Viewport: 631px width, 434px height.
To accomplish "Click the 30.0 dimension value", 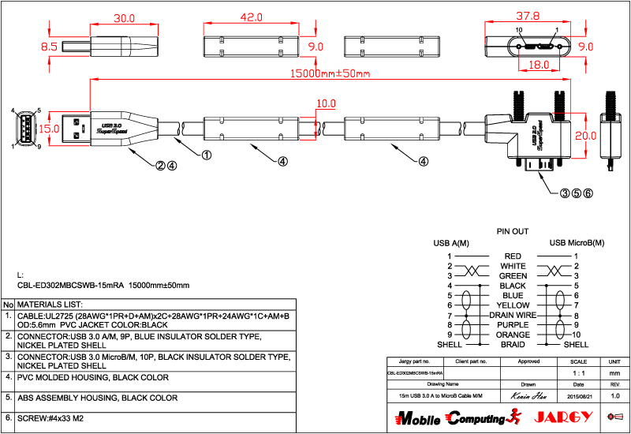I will (x=125, y=17).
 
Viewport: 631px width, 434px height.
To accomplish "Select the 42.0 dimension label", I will (x=251, y=17).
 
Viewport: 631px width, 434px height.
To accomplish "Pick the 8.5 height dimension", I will (x=49, y=47).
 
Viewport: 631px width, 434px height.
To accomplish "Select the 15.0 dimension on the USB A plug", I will (x=50, y=129).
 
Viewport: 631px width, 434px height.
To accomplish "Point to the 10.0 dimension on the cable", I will (x=326, y=103).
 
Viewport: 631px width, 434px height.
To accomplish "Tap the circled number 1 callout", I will (x=207, y=155).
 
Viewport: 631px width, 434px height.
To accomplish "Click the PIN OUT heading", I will (x=512, y=232).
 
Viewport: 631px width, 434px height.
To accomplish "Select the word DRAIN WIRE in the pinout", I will (x=513, y=315).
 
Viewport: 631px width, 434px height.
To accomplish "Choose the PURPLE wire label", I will (x=513, y=325).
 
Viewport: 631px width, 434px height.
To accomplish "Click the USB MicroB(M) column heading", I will (x=577, y=243).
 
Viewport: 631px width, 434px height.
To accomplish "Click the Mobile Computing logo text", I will (x=449, y=417).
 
